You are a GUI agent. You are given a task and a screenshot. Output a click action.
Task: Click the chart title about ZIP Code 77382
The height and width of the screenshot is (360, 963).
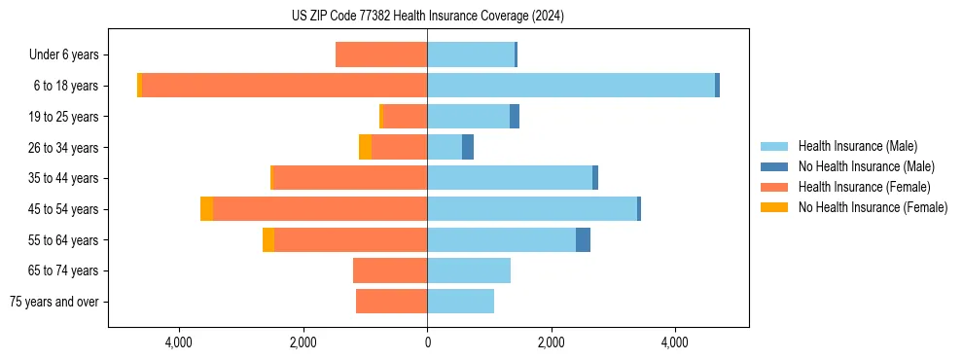tap(427, 17)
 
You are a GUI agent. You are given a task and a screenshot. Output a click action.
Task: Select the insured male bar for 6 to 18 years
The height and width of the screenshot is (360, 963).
tap(571, 86)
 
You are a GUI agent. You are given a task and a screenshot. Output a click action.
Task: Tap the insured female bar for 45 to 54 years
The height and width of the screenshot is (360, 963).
tap(320, 209)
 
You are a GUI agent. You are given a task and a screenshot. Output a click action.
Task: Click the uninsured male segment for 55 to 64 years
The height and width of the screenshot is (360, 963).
tap(583, 240)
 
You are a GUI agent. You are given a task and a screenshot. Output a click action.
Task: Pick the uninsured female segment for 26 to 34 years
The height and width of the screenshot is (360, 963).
tap(365, 147)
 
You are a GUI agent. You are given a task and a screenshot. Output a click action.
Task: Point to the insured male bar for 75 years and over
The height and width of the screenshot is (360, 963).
tap(460, 302)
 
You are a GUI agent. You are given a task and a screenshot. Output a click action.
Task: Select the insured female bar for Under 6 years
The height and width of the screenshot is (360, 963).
tap(381, 54)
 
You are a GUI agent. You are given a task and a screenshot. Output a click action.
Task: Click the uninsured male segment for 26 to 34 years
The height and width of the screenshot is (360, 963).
tap(468, 147)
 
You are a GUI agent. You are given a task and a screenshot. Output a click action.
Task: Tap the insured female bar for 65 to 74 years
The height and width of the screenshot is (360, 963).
tap(390, 270)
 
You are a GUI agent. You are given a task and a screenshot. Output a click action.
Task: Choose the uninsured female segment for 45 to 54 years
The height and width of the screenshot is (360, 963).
tap(206, 209)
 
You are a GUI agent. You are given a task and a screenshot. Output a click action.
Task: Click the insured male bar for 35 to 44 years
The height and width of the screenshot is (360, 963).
tap(510, 178)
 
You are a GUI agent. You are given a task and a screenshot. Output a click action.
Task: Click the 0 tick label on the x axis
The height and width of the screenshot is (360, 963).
tap(427, 342)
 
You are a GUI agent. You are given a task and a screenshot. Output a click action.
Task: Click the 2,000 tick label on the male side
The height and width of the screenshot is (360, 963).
tap(551, 342)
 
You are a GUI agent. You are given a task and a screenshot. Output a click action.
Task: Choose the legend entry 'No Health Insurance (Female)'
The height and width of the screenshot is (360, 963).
tap(872, 207)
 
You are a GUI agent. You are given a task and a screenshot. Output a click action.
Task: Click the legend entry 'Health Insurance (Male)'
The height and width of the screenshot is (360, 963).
tap(857, 146)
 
